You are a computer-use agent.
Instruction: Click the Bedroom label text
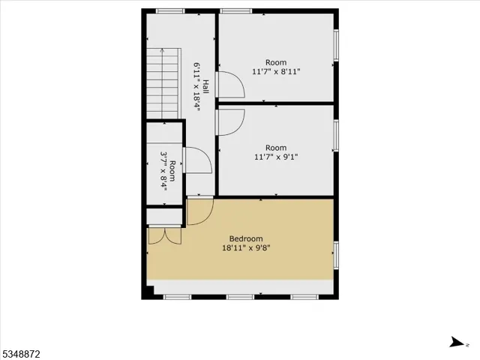[x=245, y=238]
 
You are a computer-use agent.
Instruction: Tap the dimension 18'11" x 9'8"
[x=245, y=247]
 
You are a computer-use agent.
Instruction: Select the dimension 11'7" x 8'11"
[x=276, y=72]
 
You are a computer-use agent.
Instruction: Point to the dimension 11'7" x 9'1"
[x=276, y=157]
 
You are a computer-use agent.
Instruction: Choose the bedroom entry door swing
[x=199, y=212]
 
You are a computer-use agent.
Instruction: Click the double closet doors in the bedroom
[x=164, y=235]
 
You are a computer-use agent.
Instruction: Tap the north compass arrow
[x=456, y=343]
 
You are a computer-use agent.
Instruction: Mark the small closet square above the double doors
[x=164, y=217]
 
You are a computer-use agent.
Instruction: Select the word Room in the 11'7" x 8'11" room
[x=276, y=62]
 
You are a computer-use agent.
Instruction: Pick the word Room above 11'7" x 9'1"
[x=276, y=148]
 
